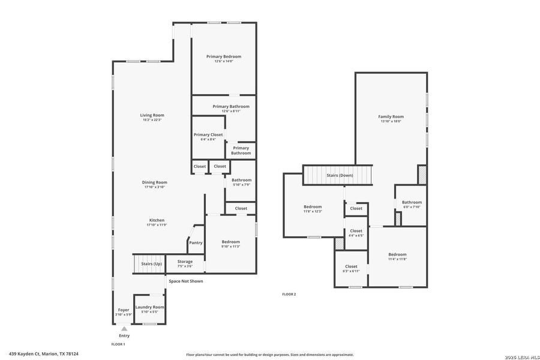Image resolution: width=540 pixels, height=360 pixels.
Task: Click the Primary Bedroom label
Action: pyautogui.click(x=223, y=56)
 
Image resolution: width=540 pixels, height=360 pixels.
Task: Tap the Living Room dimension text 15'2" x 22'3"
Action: pyautogui.click(x=152, y=120)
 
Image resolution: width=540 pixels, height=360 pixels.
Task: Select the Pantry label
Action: pyautogui.click(x=196, y=242)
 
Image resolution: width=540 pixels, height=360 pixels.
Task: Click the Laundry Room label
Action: pyautogui.click(x=149, y=307)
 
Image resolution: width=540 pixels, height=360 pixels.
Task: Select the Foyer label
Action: pyautogui.click(x=123, y=310)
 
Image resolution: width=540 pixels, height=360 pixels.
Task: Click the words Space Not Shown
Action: pyautogui.click(x=185, y=281)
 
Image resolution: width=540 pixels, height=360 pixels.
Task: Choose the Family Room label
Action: pyautogui.click(x=391, y=116)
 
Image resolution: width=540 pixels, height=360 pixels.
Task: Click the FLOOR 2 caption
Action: pyautogui.click(x=289, y=294)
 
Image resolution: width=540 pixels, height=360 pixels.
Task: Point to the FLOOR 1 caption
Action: pyautogui.click(x=118, y=344)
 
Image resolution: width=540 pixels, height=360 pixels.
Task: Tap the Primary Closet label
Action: pyautogui.click(x=208, y=134)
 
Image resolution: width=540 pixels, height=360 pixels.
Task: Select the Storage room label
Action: pyautogui.click(x=185, y=262)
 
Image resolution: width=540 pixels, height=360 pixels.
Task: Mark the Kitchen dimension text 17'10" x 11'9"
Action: pyautogui.click(x=156, y=225)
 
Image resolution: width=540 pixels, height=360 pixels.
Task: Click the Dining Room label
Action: pyautogui.click(x=154, y=182)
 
